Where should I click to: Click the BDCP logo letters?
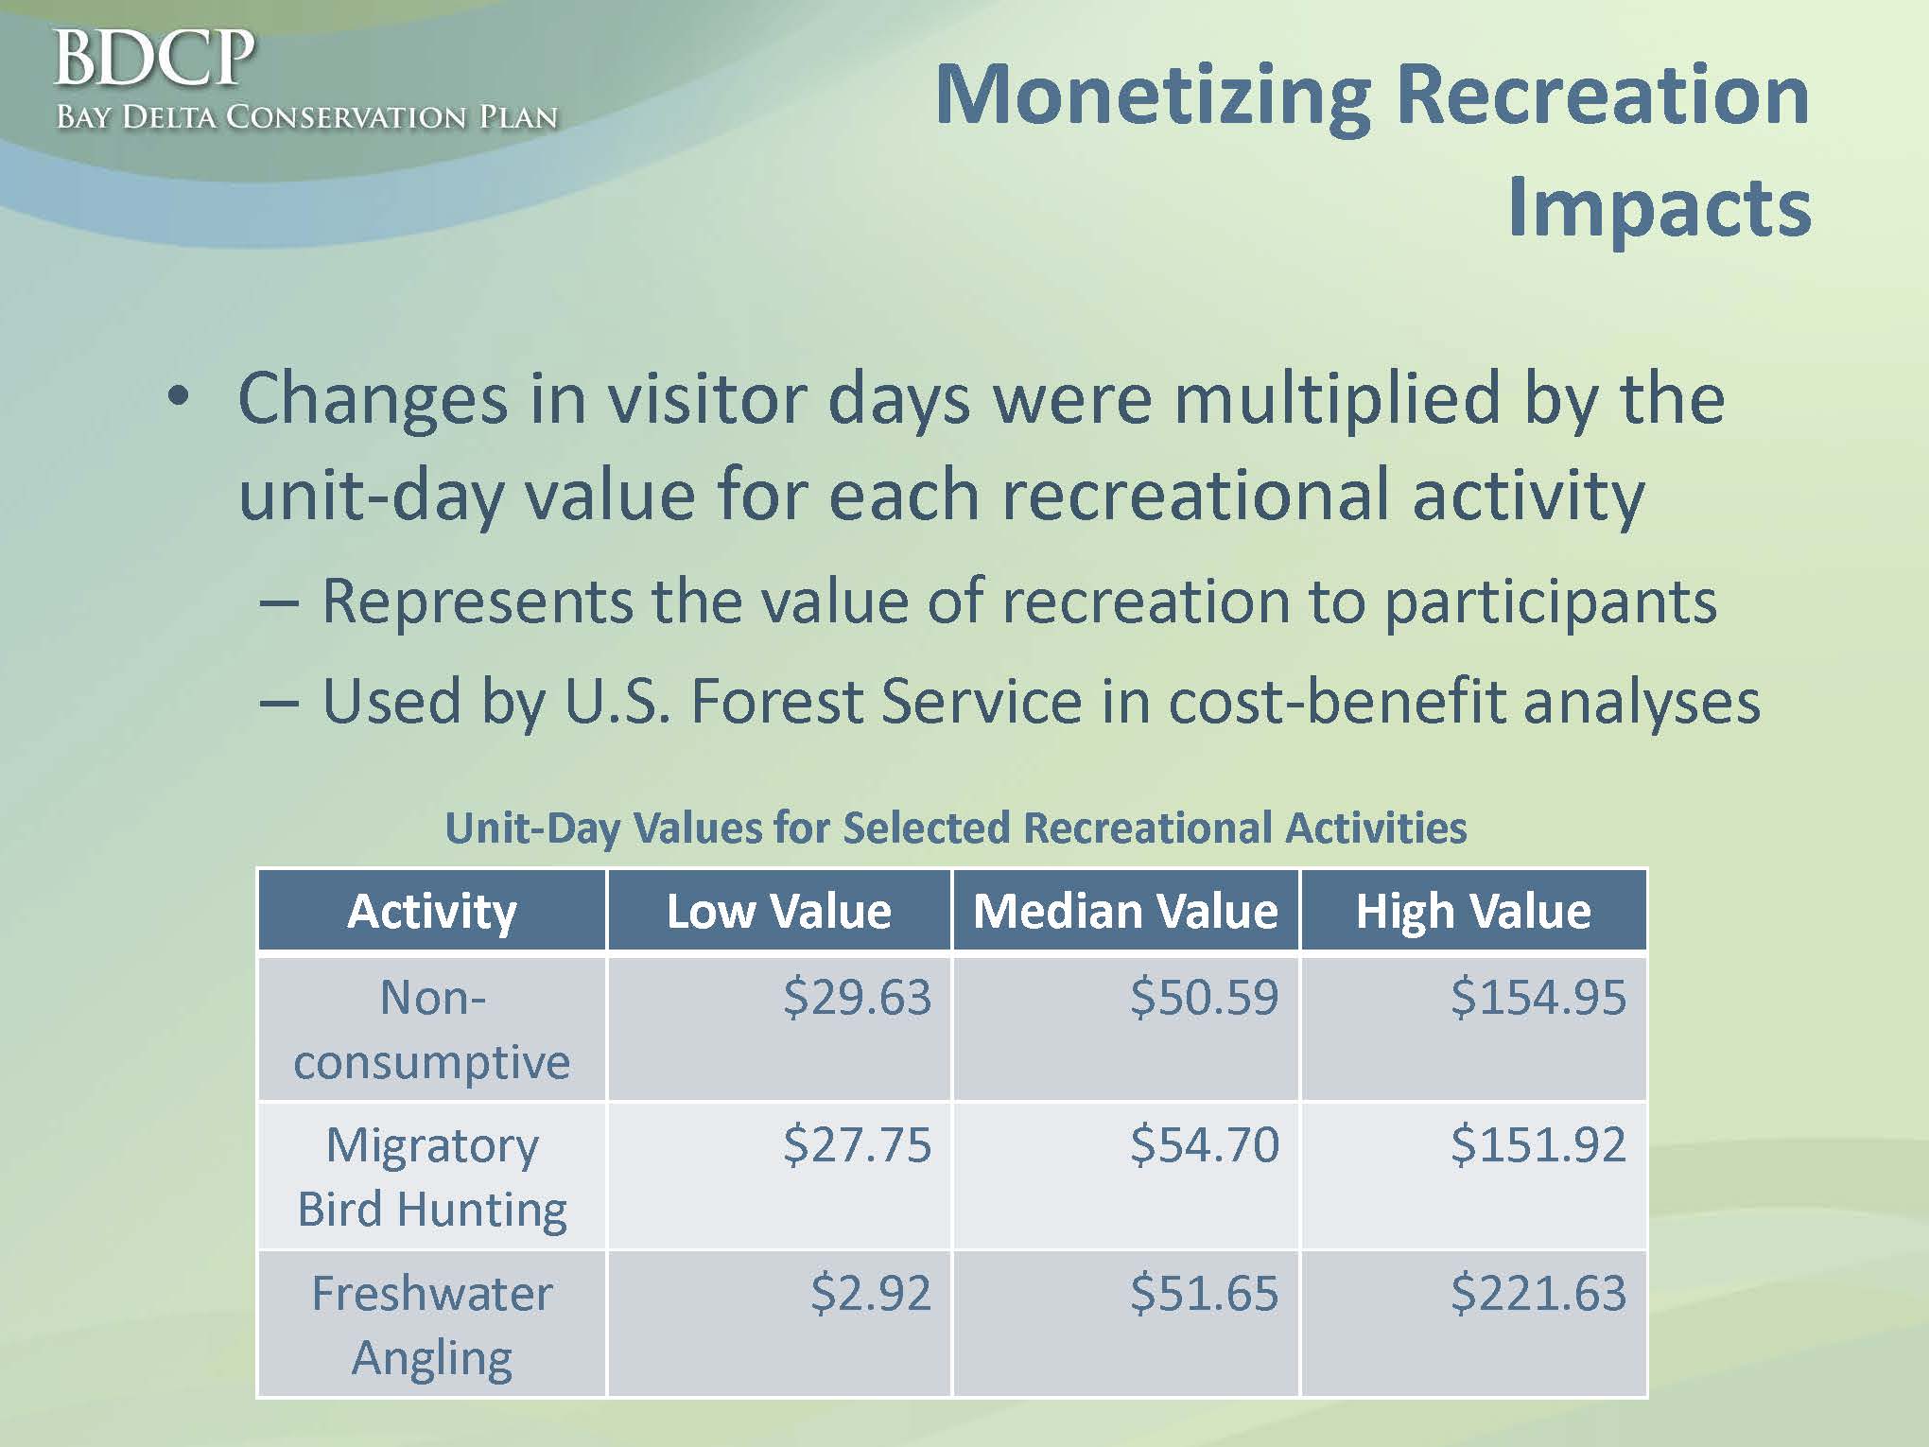(x=155, y=59)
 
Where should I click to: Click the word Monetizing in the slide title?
(x=1153, y=96)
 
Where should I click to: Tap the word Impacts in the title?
(x=1659, y=209)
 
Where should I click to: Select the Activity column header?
(x=432, y=911)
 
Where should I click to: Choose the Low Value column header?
(x=779, y=911)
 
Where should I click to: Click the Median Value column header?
(x=1125, y=911)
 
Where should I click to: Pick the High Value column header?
(x=1473, y=911)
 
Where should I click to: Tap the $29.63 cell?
(x=857, y=997)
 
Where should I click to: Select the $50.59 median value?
(x=1205, y=997)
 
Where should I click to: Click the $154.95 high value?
(x=1538, y=997)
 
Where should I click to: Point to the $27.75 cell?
(x=857, y=1144)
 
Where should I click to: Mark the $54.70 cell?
(x=1205, y=1144)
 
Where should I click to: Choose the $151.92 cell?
(x=1538, y=1144)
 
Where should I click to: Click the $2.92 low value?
(x=871, y=1293)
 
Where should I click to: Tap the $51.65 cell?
(x=1205, y=1293)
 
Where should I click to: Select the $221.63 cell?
(x=1538, y=1293)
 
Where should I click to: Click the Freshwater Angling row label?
(x=432, y=1326)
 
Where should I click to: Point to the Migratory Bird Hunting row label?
(x=432, y=1178)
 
